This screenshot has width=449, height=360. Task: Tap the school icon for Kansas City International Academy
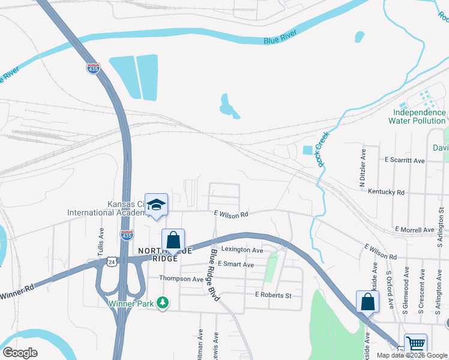coord(156,205)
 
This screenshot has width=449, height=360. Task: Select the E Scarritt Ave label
coord(404,161)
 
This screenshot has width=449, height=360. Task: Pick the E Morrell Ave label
coord(414,230)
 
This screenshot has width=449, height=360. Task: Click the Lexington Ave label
coord(242,250)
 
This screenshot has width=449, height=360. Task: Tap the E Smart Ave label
coord(236,264)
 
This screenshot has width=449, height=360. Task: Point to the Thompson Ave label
coord(181,278)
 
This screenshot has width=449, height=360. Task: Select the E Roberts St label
coord(273,295)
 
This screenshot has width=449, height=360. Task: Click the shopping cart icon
coord(415,344)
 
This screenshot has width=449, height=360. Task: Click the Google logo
coord(20,353)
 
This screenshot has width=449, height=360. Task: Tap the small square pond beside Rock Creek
coord(308,151)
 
